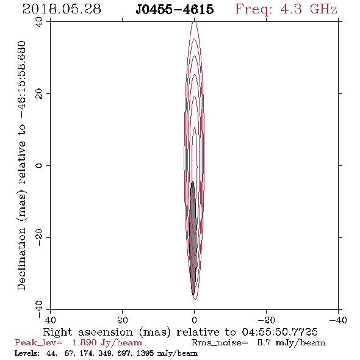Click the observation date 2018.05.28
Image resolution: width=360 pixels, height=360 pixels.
[x=62, y=9]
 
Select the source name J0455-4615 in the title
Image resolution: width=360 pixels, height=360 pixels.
[x=175, y=10]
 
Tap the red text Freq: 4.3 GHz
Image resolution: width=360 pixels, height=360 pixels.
[x=286, y=9]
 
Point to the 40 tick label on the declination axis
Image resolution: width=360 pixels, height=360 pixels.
[x=39, y=22]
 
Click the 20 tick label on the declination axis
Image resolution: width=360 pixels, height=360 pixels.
[x=39, y=94]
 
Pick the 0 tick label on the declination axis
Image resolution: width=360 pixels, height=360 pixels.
[x=39, y=165]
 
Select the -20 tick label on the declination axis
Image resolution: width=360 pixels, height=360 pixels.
[x=39, y=237]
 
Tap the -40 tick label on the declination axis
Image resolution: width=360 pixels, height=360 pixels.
[x=39, y=309]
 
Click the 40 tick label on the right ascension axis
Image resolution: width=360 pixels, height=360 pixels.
[x=50, y=320]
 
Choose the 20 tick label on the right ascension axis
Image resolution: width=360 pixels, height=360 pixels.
[x=123, y=320]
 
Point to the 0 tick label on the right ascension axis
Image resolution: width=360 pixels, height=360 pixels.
[x=195, y=320]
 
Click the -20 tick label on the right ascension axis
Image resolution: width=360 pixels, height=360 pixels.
[x=266, y=320]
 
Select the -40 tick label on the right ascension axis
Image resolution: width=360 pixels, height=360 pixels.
[x=338, y=320]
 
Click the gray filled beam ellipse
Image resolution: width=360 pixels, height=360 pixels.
[x=193, y=239]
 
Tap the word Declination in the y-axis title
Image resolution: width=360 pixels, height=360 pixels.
[x=21, y=259]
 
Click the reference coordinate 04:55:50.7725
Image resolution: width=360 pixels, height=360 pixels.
[x=279, y=332]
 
